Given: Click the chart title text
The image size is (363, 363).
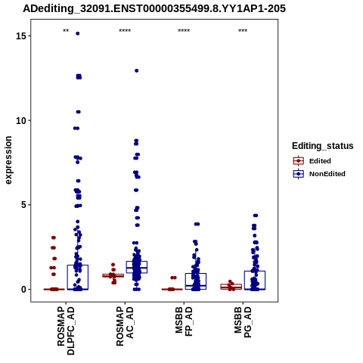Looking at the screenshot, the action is (154, 9).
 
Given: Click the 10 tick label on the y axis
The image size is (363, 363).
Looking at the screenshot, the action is (21, 121).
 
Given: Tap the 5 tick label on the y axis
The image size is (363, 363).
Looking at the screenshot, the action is (23, 205).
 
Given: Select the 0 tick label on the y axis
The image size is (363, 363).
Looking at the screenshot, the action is (23, 290).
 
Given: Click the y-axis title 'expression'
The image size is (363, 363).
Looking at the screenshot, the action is (8, 160).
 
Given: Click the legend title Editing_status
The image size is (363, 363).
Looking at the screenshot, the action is (323, 146).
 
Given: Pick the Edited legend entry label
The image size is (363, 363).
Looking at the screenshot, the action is (320, 161).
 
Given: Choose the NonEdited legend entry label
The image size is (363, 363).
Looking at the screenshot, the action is (327, 174).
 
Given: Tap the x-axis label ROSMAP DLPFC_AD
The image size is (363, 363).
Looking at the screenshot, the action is (66, 330).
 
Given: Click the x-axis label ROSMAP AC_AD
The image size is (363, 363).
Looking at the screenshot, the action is (125, 327).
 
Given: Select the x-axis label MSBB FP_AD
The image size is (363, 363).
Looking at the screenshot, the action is (184, 321).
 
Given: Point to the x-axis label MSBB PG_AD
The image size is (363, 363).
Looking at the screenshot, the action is (243, 322).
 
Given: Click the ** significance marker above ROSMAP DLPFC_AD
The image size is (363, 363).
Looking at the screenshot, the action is (66, 31).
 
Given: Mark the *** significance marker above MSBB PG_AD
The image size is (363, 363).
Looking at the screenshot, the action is (243, 31).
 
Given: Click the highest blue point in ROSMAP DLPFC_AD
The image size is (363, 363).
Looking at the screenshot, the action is (78, 33).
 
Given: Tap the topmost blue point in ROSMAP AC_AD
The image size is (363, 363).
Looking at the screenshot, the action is (137, 71).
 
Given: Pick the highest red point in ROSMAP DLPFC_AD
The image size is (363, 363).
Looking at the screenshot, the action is (54, 237).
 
